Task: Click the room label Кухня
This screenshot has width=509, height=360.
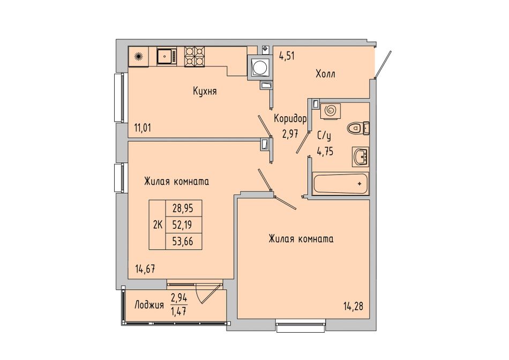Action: click(x=205, y=91)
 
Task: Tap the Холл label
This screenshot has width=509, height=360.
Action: click(x=326, y=74)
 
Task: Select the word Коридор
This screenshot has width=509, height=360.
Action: click(x=290, y=119)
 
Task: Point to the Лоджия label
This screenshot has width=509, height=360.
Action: click(x=149, y=305)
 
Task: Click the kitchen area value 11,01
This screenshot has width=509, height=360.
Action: click(x=143, y=127)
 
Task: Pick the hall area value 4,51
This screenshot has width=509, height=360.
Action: click(x=287, y=56)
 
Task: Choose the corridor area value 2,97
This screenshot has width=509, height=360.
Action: click(x=290, y=133)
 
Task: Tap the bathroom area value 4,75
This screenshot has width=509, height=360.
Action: click(x=325, y=151)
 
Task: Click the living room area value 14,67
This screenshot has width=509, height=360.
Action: click(x=145, y=269)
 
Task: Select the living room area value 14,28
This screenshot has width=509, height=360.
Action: click(x=353, y=306)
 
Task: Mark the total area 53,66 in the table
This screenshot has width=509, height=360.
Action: click(x=183, y=241)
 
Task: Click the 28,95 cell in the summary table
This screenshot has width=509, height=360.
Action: click(x=183, y=208)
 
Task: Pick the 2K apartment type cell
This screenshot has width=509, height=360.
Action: click(x=158, y=224)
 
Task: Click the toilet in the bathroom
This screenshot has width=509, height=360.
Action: click(x=358, y=127)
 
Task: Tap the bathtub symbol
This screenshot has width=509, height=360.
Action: click(x=341, y=184)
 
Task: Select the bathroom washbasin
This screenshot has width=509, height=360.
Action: click(x=361, y=157)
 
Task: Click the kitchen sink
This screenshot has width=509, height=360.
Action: click(x=167, y=56)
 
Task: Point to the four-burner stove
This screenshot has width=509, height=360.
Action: click(x=194, y=56)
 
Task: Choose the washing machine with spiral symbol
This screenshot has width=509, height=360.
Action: click(x=331, y=111)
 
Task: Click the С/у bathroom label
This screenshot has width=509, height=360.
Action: click(x=324, y=137)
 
